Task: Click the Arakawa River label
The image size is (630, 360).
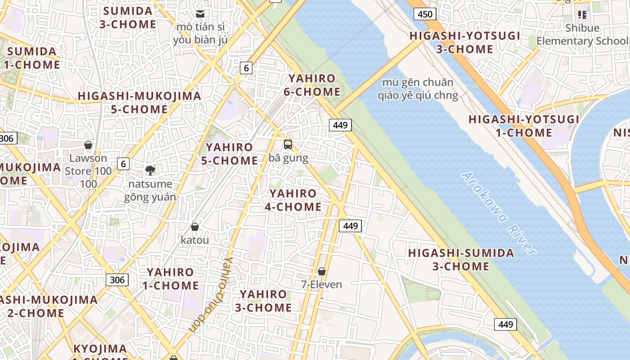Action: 499,214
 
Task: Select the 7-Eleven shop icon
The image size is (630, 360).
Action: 322,271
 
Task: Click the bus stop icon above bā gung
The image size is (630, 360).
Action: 288,144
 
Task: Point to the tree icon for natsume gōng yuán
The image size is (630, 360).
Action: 150,170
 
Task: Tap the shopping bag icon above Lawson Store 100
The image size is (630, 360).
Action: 88,145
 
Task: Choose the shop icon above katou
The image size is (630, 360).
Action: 195,227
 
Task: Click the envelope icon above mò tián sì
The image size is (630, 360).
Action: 200,14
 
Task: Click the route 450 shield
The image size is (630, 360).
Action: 425,14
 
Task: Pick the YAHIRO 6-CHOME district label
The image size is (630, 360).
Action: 312,85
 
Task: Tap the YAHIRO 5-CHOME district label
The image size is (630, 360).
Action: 229,154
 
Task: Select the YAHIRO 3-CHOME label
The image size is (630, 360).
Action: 263,301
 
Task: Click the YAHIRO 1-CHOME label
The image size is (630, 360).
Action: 171,279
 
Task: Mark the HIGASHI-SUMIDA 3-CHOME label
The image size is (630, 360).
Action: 461,259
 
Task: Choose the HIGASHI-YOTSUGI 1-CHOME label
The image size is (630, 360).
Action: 524,126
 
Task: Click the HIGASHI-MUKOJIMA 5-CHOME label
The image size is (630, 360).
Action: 139,103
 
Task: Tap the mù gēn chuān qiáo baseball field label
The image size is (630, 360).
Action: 418,89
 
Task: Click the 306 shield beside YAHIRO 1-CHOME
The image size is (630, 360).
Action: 117,280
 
